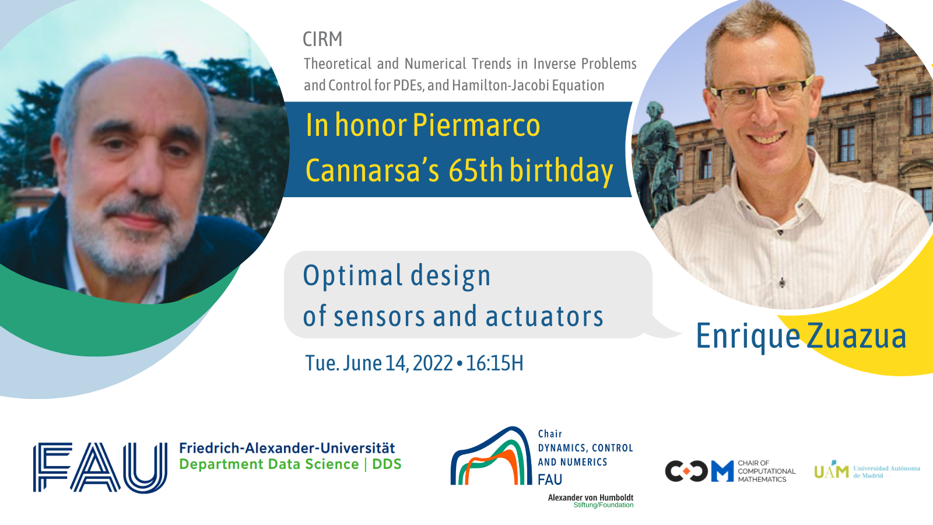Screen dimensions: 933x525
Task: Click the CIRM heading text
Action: coord(322,40)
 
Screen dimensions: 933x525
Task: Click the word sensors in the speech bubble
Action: coord(379,316)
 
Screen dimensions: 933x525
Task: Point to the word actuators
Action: coord(545,316)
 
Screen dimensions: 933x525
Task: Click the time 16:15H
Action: coord(494,363)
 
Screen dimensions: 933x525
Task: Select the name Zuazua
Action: coord(857,336)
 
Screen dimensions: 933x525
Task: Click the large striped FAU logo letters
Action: coord(100,467)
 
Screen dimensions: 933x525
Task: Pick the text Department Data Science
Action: coord(269,464)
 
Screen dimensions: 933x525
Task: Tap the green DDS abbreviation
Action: coord(387,464)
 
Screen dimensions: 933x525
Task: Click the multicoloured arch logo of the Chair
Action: coord(491,456)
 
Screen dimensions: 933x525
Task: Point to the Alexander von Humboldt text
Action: coord(591,498)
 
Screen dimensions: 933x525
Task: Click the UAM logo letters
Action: coord(832,470)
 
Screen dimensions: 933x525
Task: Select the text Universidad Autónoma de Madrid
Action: coord(887,472)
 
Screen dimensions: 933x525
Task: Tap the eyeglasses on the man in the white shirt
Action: coord(762,91)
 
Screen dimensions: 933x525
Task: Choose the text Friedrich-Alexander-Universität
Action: coord(287,448)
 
